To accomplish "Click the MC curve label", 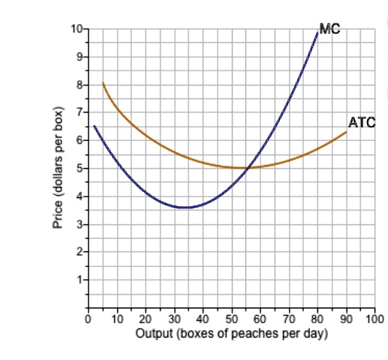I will point(329,29).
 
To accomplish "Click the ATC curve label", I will point(361,121).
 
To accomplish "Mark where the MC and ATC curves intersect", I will point(247,167).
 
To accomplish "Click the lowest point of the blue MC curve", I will point(185,207).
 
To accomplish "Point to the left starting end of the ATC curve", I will point(103,82).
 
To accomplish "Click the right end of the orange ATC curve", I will point(346,132).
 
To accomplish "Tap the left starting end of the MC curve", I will point(94,126).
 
